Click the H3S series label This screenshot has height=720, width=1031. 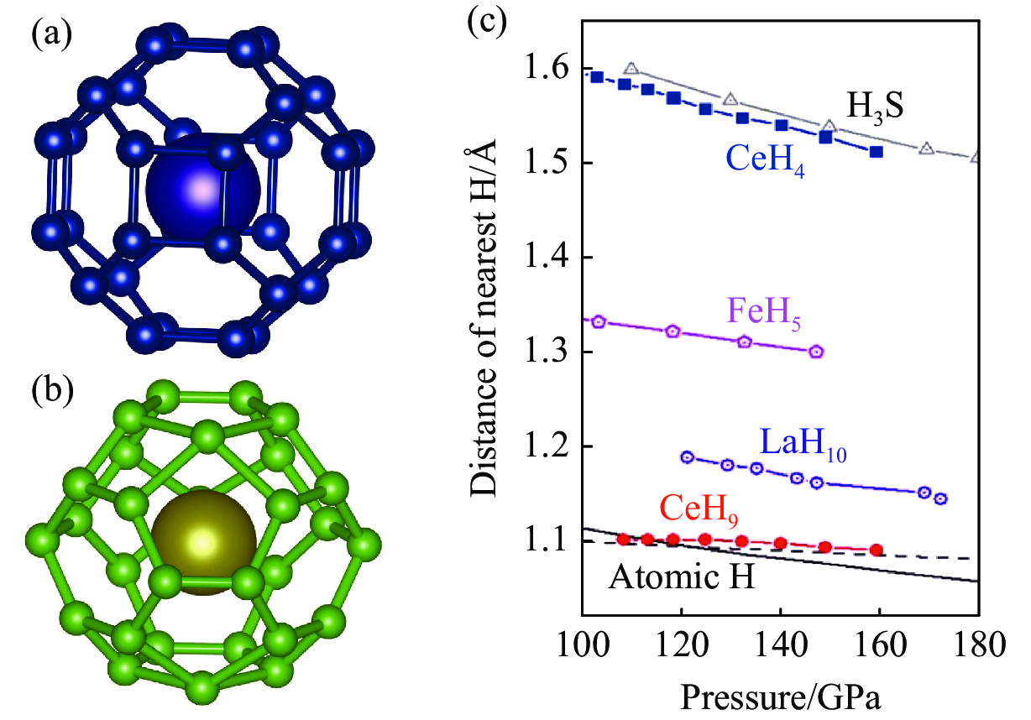[867, 107]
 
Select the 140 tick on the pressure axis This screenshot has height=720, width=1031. [781, 649]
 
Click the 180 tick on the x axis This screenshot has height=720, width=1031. [976, 649]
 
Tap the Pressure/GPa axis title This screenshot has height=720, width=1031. [783, 697]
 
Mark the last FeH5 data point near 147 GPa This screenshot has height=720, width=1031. [816, 352]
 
